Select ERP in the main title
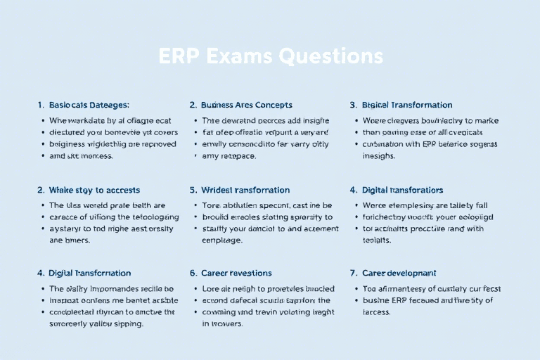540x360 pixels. pos(176,56)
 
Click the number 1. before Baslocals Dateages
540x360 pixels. pos(41,105)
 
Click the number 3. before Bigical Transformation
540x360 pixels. pos(354,105)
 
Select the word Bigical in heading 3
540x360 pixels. pos(378,105)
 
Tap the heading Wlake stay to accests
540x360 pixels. pos(94,190)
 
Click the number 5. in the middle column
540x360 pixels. pos(193,190)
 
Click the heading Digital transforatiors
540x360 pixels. pos(402,190)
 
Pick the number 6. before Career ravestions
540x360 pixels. pos(193,273)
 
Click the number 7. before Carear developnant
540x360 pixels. pos(354,273)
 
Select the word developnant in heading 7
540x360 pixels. pos(411,273)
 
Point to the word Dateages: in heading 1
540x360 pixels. pos(110,105)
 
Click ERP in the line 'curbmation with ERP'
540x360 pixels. pos(430,144)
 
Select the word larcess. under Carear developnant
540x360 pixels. pos(376,311)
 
